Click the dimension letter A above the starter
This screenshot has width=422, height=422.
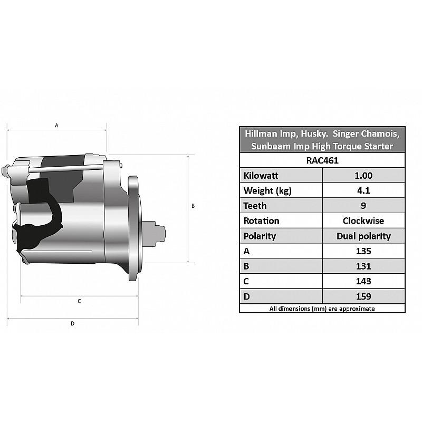point(56,126)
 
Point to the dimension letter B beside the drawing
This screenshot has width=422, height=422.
point(193,206)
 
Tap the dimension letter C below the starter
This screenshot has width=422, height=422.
point(79,301)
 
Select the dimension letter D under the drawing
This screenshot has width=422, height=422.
point(72,323)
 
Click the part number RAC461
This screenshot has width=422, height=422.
point(322,160)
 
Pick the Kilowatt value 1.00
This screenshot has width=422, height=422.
point(363,176)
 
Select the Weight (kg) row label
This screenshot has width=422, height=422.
point(267,191)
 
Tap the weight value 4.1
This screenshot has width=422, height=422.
point(363,190)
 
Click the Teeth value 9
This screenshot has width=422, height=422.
point(363,206)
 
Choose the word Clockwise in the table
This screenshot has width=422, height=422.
point(363,220)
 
